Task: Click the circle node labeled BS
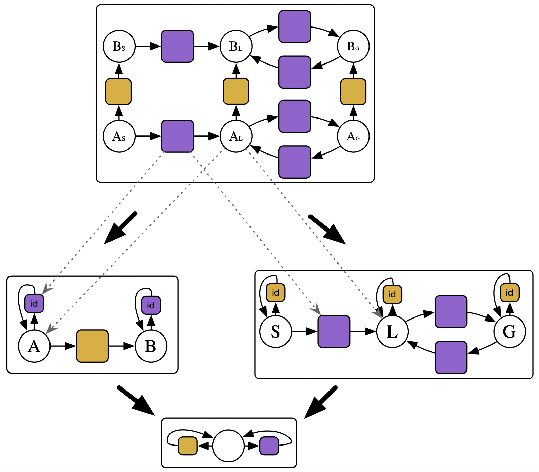pos(119,46)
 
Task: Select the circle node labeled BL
pos(236,46)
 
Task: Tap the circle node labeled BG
pos(353,46)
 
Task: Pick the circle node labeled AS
pos(119,136)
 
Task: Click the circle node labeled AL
pos(236,136)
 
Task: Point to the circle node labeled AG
pos(353,136)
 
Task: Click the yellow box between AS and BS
pos(118,91)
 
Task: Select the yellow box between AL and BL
pos(236,91)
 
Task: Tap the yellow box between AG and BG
pos(353,91)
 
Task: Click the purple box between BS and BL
pos(177,46)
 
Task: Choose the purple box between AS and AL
pos(177,136)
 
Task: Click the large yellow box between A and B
pos(93,346)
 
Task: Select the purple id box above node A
pos(34,303)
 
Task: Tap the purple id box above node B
pos(151,305)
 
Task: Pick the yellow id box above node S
pos(276,292)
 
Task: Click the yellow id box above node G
pos(510,292)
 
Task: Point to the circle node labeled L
pos(392,331)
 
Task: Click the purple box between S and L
pos(334,331)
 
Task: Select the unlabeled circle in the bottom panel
pos(228,446)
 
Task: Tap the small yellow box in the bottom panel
pos(187,446)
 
